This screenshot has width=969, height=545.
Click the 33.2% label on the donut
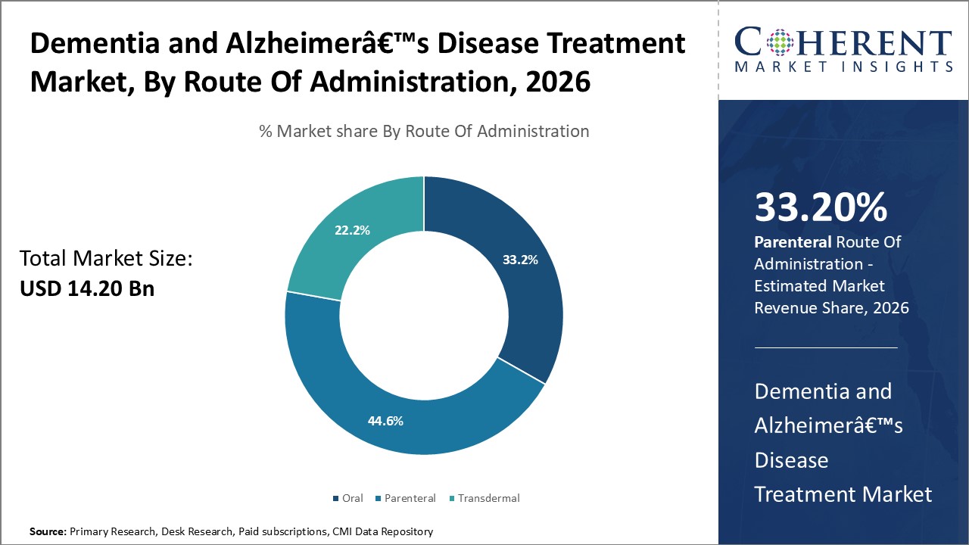click(520, 260)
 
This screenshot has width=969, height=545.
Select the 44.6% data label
click(385, 420)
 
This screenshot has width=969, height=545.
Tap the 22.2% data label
click(352, 230)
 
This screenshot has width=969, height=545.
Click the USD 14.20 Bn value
click(87, 288)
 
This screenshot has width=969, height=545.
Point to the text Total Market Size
click(106, 259)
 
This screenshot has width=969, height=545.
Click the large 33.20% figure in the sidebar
click(821, 207)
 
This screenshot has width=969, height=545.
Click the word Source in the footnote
click(47, 532)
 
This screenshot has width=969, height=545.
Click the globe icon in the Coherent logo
click(780, 43)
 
